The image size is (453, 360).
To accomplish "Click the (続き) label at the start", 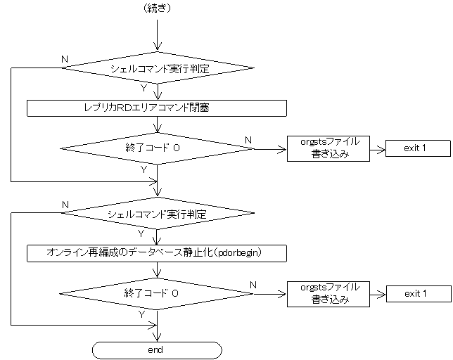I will (157, 8).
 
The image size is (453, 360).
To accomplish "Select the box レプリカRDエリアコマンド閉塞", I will (157, 108).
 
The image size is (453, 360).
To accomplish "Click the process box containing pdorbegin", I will (157, 253).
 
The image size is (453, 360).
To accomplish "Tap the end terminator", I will (157, 349).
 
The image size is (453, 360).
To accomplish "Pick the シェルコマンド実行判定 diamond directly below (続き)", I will (157, 68).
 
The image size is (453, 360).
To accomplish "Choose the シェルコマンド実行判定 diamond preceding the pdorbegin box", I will (157, 214).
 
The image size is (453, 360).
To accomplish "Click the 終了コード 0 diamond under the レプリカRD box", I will (157, 149).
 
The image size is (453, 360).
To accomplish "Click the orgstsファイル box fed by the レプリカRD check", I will (328, 148).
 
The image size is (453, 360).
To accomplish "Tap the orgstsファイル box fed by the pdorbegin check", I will (328, 293).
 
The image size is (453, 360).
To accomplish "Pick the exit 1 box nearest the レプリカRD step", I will (416, 149).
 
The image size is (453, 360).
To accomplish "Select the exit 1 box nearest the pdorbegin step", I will (416, 293).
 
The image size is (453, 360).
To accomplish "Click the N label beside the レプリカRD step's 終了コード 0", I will (248, 141).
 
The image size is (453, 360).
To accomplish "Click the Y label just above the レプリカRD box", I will (144, 89).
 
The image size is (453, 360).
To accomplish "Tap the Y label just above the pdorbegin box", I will (141, 233).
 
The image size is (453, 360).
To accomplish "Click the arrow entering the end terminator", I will (157, 332).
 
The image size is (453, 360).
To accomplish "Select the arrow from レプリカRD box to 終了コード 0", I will (157, 124).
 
